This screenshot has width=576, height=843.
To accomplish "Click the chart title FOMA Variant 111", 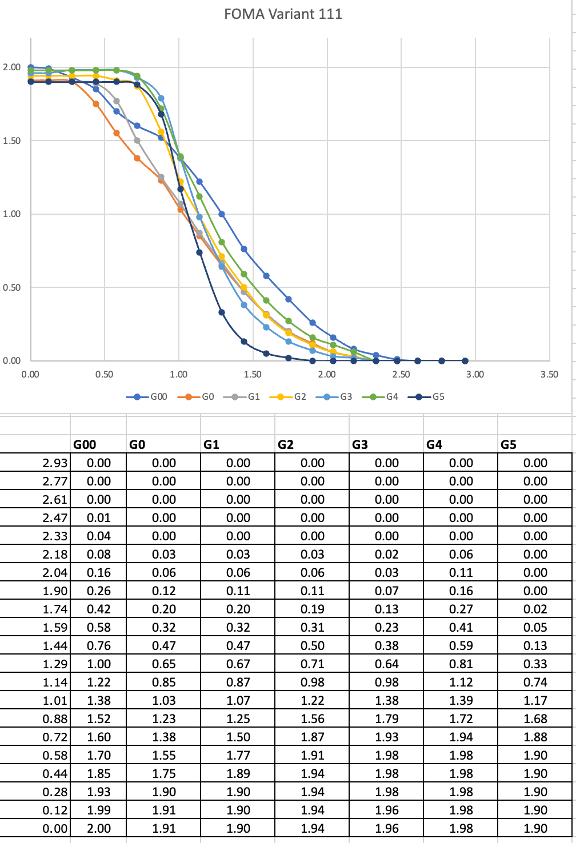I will click(x=283, y=14).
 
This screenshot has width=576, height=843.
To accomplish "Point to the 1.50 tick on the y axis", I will click(x=11, y=141).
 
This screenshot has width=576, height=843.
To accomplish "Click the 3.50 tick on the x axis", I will click(x=549, y=375).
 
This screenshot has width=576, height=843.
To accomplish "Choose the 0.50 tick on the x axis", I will click(x=105, y=375).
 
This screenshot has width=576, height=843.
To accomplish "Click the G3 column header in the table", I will click(x=360, y=444).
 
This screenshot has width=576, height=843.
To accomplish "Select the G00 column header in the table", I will click(x=85, y=444).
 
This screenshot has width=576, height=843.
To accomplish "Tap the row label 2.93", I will click(x=55, y=463).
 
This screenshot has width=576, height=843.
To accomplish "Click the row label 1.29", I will click(x=55, y=664).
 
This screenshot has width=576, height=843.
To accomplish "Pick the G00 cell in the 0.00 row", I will click(x=99, y=829).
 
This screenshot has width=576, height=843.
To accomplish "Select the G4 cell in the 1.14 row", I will click(x=461, y=683).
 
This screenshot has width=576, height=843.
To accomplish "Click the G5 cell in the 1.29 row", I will click(x=535, y=664).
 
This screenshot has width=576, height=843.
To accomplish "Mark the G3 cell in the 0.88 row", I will click(x=387, y=719).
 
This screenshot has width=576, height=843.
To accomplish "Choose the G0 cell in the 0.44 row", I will click(x=164, y=774).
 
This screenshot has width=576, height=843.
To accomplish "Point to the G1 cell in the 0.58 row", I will click(x=238, y=756).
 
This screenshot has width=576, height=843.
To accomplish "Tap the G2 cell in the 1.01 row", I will click(x=313, y=701).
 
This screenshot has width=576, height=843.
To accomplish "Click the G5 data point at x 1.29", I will click(x=222, y=312).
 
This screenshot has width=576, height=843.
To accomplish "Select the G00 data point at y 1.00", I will click(x=222, y=214).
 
